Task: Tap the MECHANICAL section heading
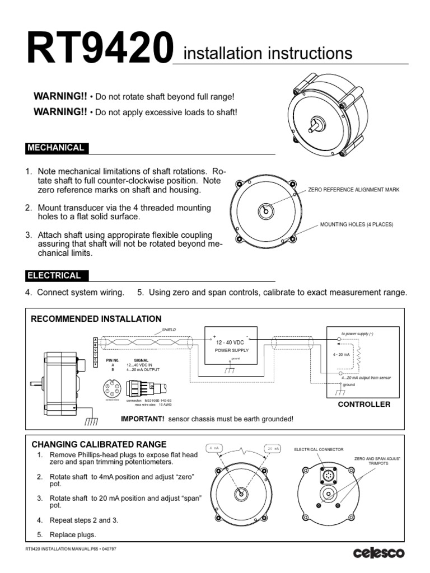(x=56, y=148)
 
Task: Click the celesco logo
(x=378, y=553)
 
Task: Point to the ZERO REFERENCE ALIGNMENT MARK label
(x=354, y=190)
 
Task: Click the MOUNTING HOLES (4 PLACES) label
(x=357, y=224)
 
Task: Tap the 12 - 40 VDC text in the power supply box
(x=231, y=342)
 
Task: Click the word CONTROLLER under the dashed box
(x=364, y=404)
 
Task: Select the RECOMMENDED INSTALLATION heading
(x=96, y=319)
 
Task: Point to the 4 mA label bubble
(x=214, y=448)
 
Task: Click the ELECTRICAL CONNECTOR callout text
(x=319, y=449)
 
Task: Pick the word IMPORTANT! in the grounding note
(x=143, y=419)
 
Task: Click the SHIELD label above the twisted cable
(x=169, y=330)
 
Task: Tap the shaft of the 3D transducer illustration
(x=314, y=124)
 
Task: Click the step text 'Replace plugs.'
(x=73, y=534)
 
